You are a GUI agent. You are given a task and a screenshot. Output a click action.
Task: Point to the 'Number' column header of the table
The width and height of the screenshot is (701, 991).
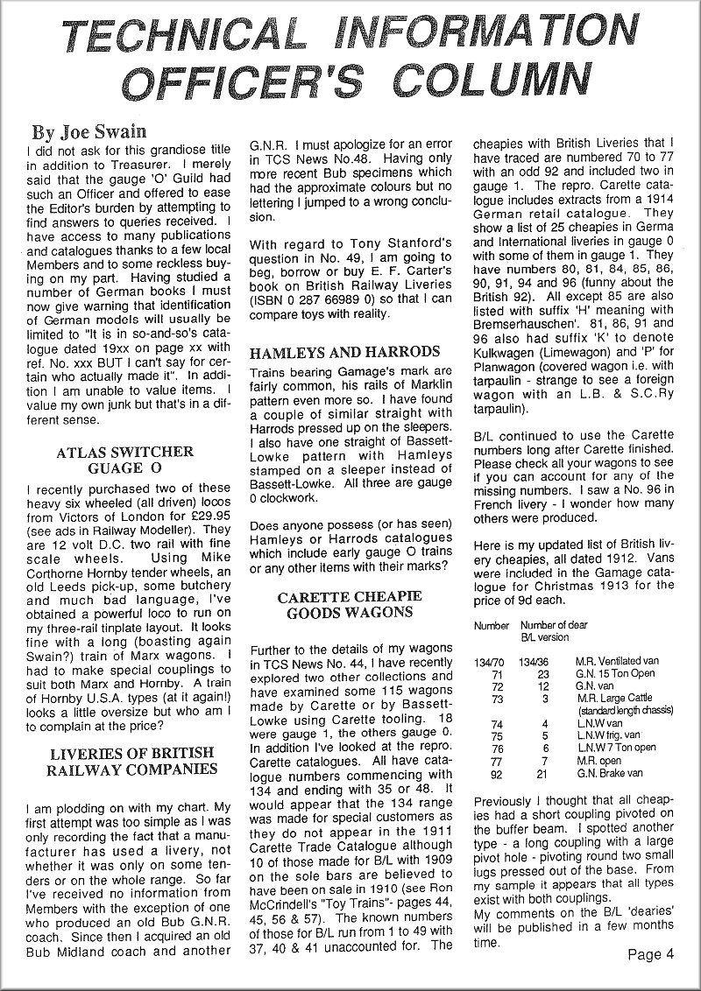click(x=491, y=626)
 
